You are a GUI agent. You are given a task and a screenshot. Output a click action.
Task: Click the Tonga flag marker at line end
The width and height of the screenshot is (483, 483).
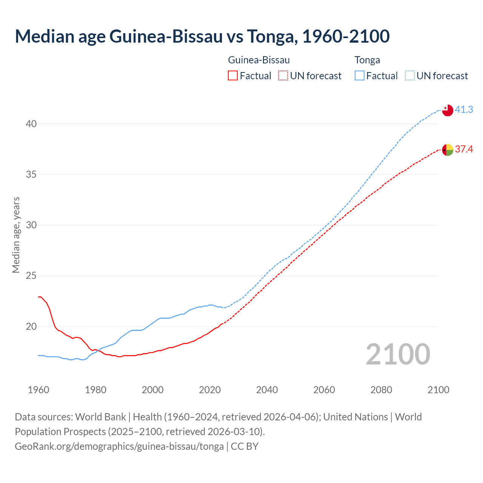click(x=447, y=110)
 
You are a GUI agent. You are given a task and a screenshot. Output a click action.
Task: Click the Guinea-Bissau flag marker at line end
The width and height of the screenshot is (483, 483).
click(x=447, y=150)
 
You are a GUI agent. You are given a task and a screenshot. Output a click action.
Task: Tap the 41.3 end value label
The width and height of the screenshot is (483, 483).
click(x=464, y=110)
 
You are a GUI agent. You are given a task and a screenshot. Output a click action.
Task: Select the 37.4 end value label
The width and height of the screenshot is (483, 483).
click(x=464, y=149)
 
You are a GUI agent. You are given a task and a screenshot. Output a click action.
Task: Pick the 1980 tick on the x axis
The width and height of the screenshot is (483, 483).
click(x=95, y=390)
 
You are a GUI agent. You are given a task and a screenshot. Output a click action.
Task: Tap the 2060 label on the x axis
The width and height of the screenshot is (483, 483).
click(x=324, y=390)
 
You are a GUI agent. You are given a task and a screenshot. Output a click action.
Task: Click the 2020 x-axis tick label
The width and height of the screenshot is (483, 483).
click(x=210, y=390)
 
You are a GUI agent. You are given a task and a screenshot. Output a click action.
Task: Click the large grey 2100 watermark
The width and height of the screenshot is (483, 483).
click(x=398, y=354)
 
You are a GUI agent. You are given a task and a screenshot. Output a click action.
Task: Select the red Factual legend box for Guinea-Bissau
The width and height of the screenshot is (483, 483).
click(x=233, y=76)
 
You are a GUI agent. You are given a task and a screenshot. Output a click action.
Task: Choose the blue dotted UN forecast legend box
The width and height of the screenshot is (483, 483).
click(x=410, y=76)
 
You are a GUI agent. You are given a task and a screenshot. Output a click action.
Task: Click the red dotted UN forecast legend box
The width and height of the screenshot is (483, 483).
click(x=283, y=76)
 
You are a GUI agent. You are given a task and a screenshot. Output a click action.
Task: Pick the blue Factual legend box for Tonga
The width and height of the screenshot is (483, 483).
click(x=360, y=76)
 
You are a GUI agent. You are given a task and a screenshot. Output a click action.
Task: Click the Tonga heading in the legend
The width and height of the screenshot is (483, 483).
click(x=367, y=60)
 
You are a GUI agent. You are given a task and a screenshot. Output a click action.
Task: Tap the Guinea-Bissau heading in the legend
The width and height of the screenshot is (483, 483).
click(x=259, y=60)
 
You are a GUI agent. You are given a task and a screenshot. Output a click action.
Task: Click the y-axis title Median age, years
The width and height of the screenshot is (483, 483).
click(x=16, y=235)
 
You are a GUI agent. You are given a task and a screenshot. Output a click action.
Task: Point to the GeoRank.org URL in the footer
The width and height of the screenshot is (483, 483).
click(x=119, y=446)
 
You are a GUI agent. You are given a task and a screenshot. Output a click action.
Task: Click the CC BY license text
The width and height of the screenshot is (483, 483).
click(x=245, y=446)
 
